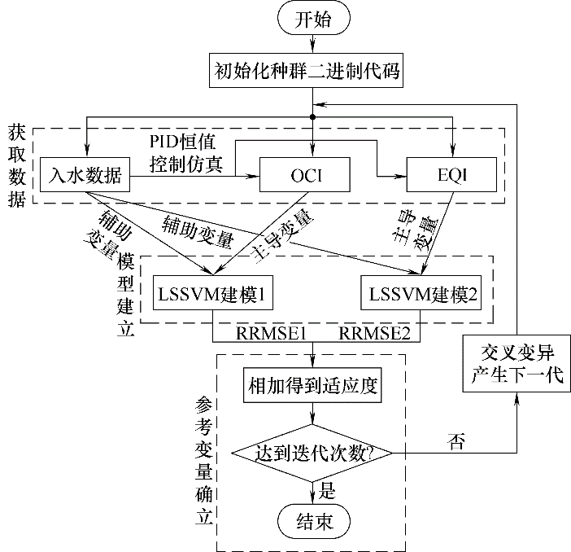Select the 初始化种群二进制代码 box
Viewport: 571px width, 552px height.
312,71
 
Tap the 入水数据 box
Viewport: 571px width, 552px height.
85,173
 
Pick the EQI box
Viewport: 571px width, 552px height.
451,173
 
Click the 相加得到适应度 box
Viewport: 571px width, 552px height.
312,384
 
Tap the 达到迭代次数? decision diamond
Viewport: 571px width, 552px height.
312,451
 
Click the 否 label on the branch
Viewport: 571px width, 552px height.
456,440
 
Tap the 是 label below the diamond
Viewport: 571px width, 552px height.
328,489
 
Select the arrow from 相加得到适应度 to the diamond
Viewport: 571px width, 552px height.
312,414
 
